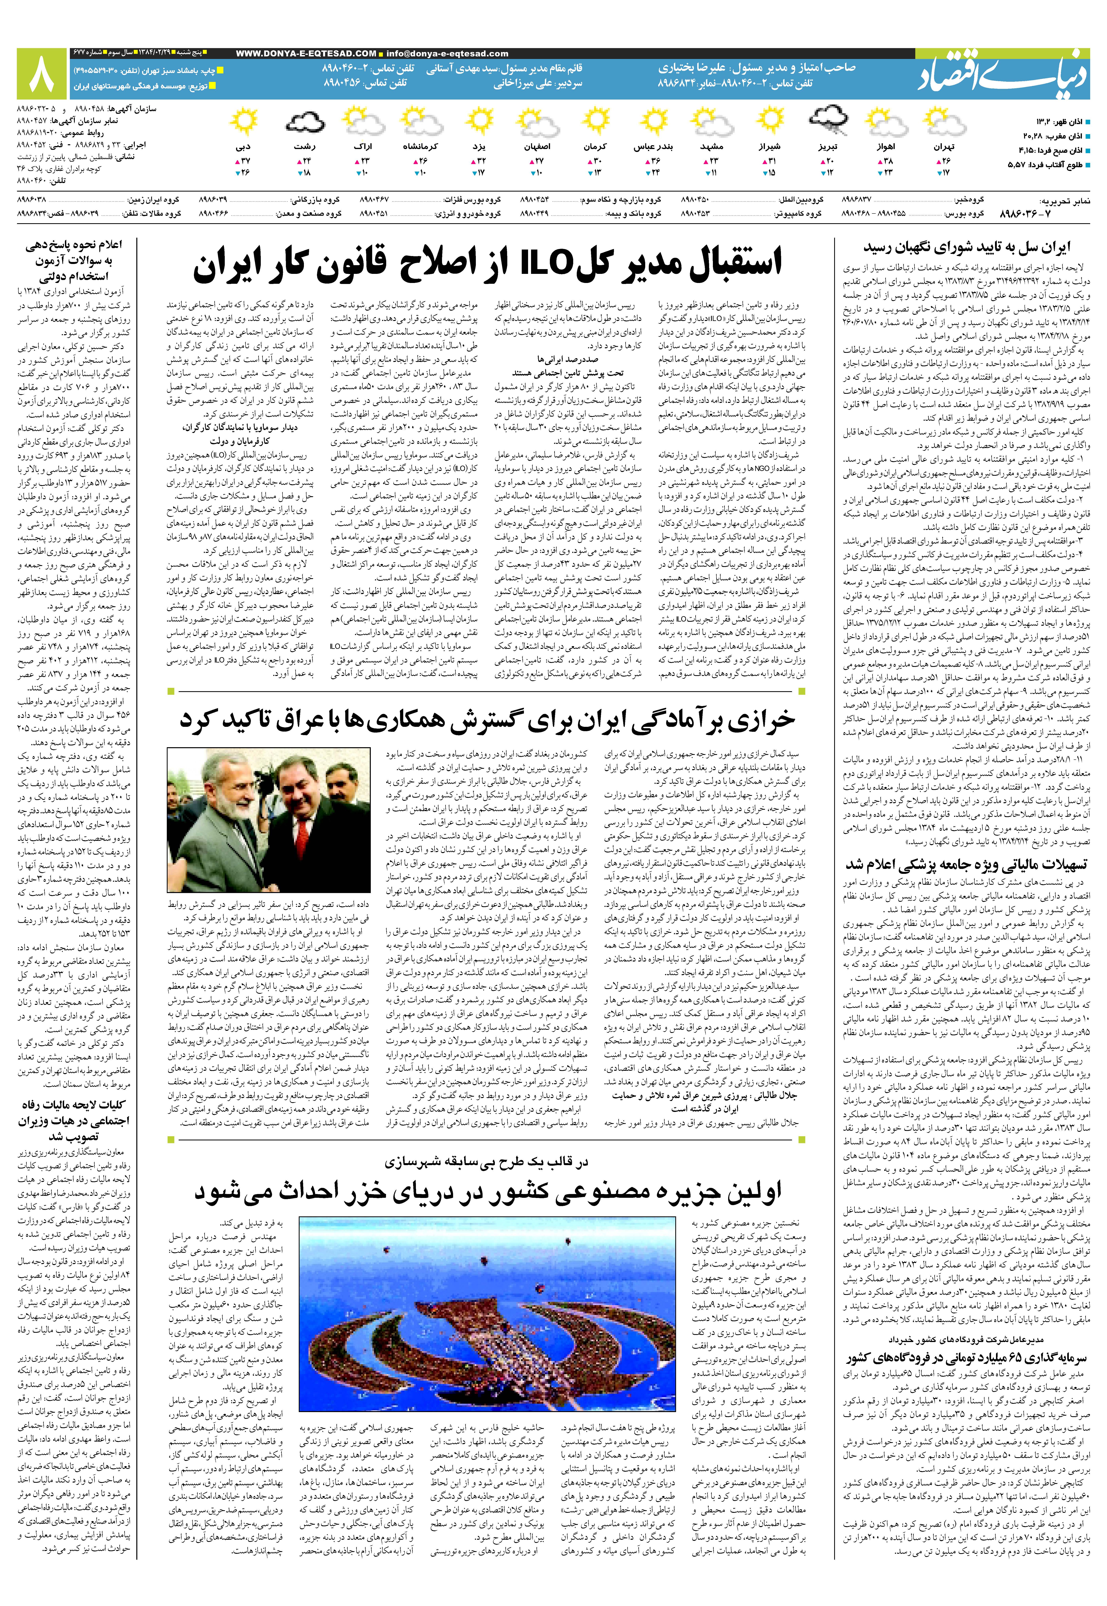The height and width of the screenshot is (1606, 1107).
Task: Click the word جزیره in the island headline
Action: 652,1192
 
